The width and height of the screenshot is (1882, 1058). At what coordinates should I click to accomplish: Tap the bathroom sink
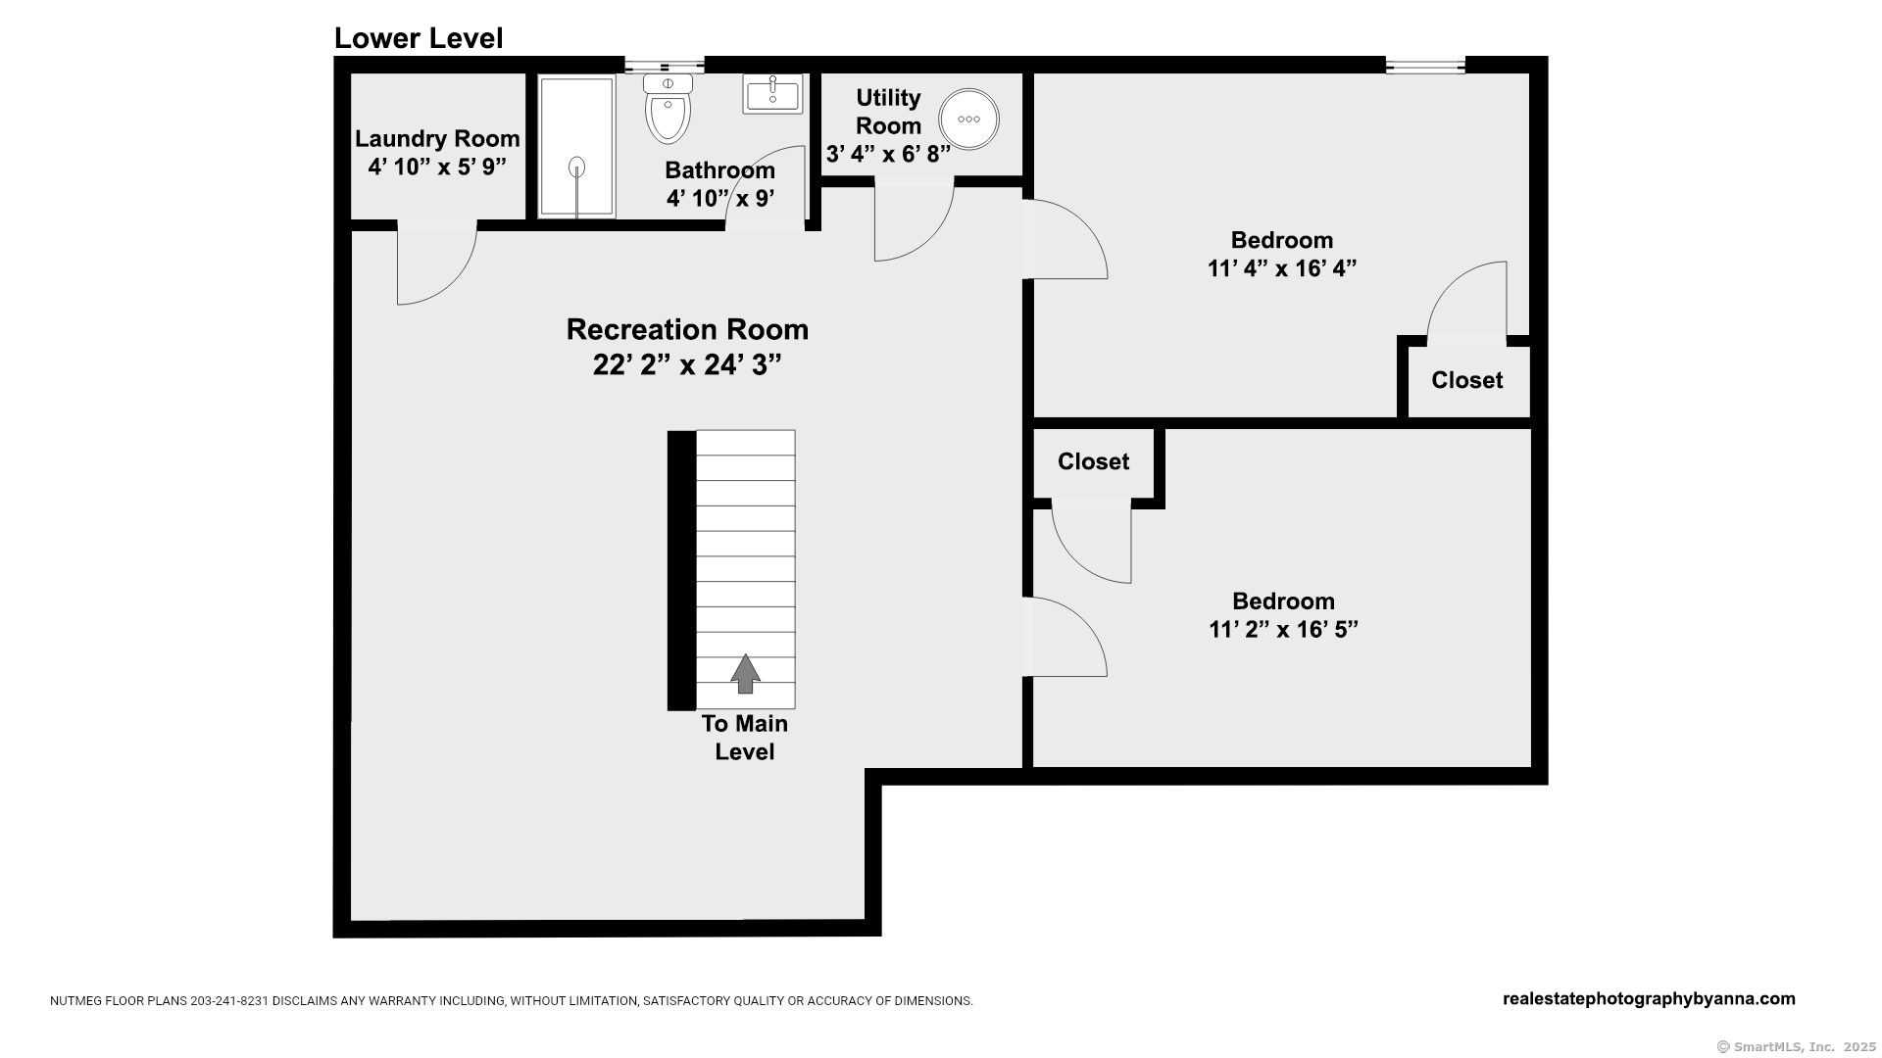772,94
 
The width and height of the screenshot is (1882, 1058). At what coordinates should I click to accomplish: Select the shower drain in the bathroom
577,168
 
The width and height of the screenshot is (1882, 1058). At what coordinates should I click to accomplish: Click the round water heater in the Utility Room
968,119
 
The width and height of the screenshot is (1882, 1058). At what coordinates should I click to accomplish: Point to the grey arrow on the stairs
745,674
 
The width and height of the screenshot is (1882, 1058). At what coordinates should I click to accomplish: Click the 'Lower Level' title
419,38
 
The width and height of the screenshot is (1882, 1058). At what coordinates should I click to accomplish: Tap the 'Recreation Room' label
687,329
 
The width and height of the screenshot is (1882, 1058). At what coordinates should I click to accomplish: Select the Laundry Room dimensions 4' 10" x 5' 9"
437,167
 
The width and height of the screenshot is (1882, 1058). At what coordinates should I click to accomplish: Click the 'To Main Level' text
745,738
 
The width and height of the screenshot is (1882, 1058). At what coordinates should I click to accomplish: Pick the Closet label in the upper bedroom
1466,380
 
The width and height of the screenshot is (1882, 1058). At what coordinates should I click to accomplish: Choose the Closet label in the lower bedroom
1093,461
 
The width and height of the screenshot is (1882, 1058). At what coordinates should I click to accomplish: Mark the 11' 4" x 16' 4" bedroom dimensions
1281,268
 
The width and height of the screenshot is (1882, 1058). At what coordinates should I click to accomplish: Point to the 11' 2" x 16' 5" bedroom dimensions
1283,629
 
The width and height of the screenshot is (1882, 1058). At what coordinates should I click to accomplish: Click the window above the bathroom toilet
665,66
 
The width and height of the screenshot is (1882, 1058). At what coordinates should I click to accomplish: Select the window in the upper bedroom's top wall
1425,66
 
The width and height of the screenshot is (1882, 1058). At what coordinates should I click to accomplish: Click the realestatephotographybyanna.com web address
1649,999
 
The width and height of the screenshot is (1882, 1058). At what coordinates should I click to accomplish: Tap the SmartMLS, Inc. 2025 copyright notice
1796,1047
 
